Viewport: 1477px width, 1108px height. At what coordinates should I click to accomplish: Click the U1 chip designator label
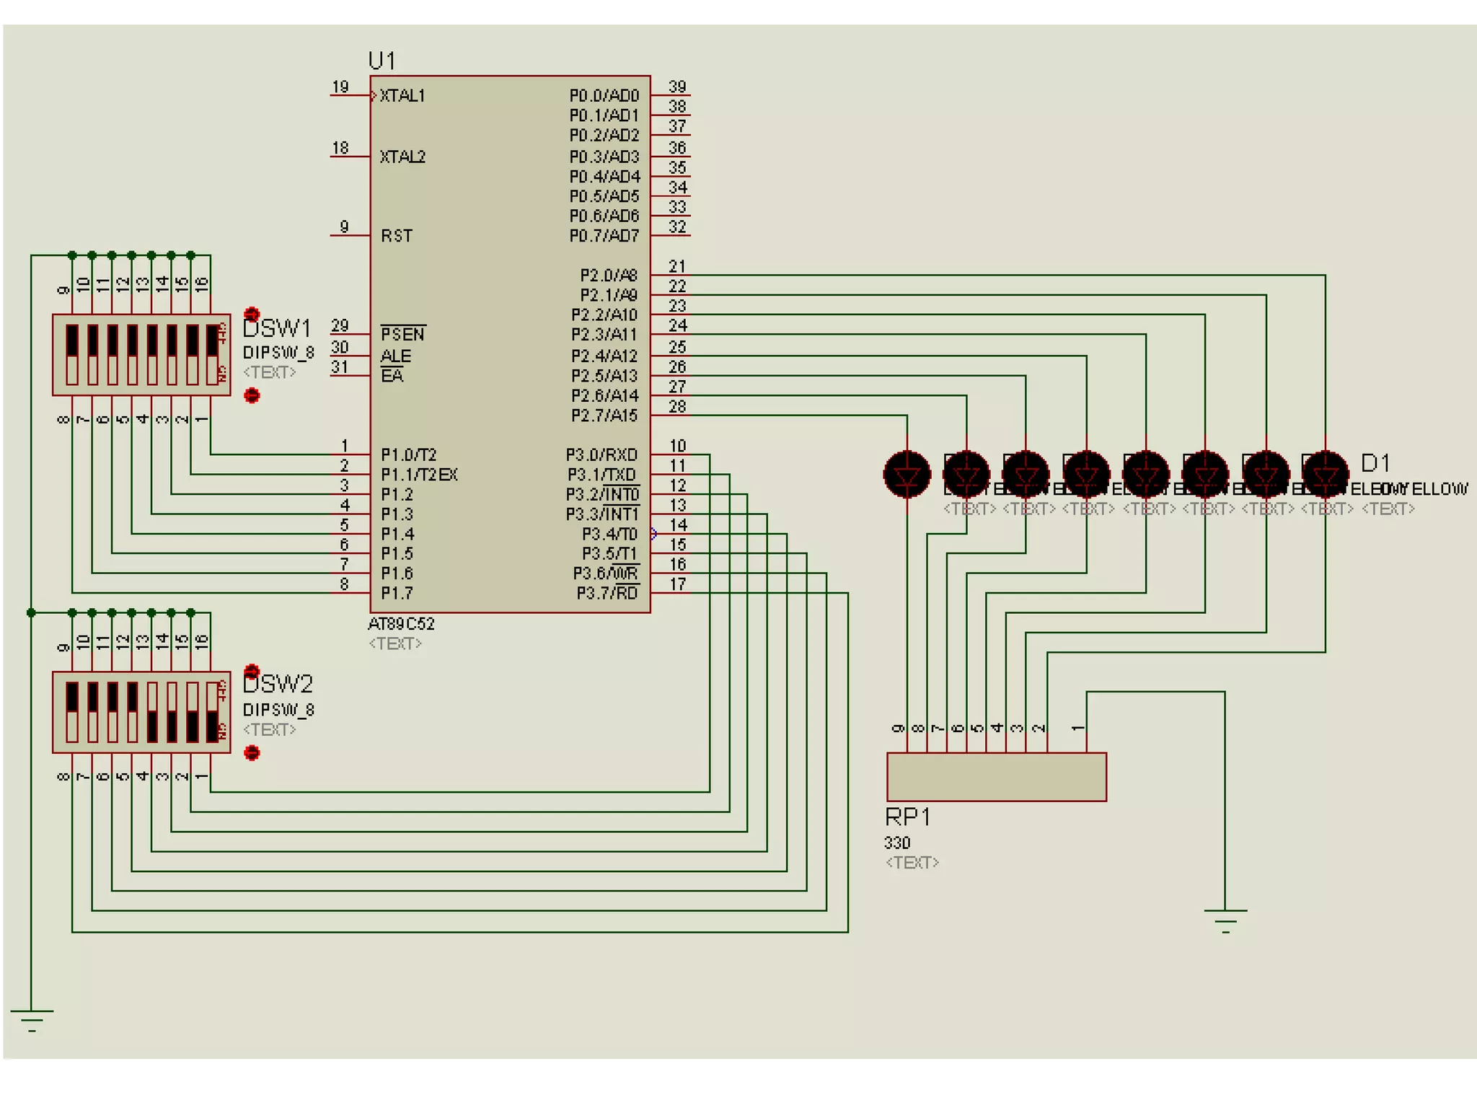pos(382,60)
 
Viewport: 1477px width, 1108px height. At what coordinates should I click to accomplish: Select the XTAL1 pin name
pos(402,95)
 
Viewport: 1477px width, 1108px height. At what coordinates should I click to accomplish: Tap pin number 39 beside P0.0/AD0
pos(676,87)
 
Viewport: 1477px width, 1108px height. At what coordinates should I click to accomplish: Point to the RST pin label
pos(397,236)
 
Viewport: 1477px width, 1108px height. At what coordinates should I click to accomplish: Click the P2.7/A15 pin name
pos(604,415)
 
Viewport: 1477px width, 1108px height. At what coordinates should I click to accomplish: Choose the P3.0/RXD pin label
pos(601,454)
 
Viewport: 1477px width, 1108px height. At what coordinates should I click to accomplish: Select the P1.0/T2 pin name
pos(408,454)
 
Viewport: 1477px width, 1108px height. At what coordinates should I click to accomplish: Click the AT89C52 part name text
pos(401,623)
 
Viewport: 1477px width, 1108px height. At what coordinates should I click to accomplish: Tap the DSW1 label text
pos(277,328)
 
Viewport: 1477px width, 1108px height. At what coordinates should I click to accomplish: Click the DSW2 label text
pos(278,683)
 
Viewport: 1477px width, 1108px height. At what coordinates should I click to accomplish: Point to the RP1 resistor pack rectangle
pos(996,777)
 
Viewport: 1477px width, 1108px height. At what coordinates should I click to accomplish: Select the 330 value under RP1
pos(897,843)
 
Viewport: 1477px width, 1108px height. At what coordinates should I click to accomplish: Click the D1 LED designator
pos(1375,462)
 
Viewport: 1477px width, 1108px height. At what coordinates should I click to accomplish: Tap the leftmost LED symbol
pos(907,474)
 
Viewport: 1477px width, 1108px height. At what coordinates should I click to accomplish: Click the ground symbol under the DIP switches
pos(32,1020)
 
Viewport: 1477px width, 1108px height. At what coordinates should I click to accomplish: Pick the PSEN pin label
pos(402,334)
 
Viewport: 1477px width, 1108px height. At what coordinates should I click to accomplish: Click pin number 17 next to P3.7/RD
pos(677,584)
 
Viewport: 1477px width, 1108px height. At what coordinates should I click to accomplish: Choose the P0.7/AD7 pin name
pos(604,236)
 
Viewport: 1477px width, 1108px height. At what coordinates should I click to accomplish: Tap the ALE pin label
pos(395,356)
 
